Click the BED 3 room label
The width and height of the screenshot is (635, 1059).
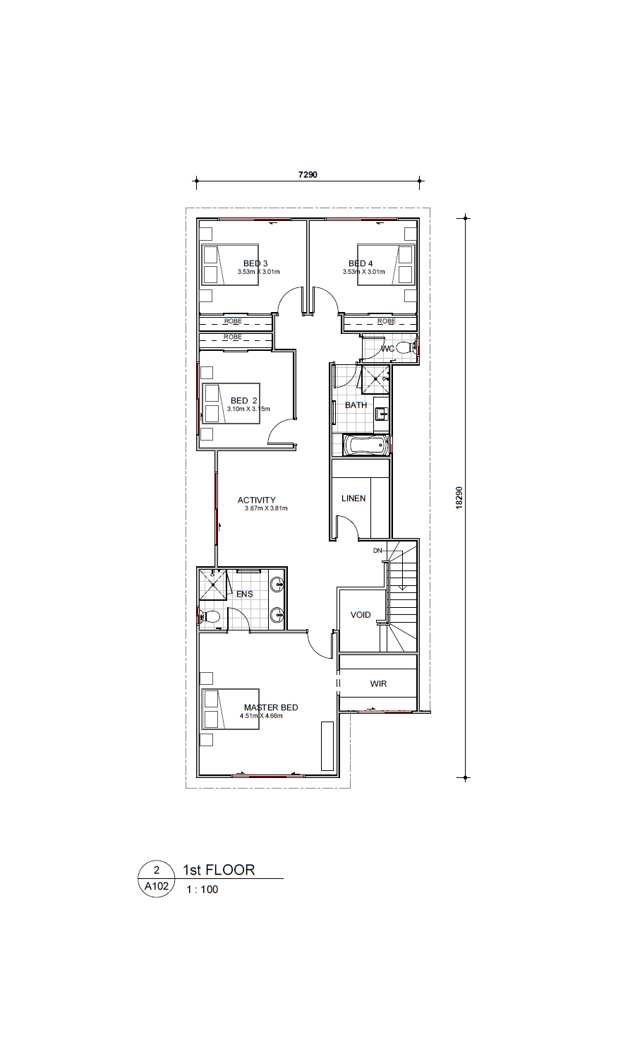tap(255, 263)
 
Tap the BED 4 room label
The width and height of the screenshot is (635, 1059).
tap(361, 263)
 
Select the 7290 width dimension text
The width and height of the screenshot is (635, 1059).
tap(308, 174)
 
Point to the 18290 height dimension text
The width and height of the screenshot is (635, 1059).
tap(459, 497)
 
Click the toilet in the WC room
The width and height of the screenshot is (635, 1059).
tap(406, 349)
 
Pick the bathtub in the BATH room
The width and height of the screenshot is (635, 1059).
tap(366, 445)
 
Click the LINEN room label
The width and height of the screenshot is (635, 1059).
tap(353, 498)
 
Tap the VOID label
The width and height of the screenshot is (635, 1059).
tap(361, 615)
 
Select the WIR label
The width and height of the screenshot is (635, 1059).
tap(378, 683)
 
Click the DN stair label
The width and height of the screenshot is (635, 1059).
tap(377, 550)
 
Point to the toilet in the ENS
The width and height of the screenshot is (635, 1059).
tap(210, 616)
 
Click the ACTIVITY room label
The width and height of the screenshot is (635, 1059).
tap(257, 500)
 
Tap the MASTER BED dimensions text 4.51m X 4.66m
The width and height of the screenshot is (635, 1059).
tap(261, 716)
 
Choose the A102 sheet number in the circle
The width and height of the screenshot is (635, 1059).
tap(157, 886)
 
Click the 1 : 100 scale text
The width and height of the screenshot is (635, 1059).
tap(202, 890)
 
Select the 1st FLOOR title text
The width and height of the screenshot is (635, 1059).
tap(219, 869)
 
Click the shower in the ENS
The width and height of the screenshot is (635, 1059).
tap(213, 585)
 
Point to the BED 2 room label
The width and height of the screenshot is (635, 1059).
tap(244, 400)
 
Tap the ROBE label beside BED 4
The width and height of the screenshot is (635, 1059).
tap(387, 321)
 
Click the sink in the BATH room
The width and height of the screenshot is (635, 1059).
tap(381, 414)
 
